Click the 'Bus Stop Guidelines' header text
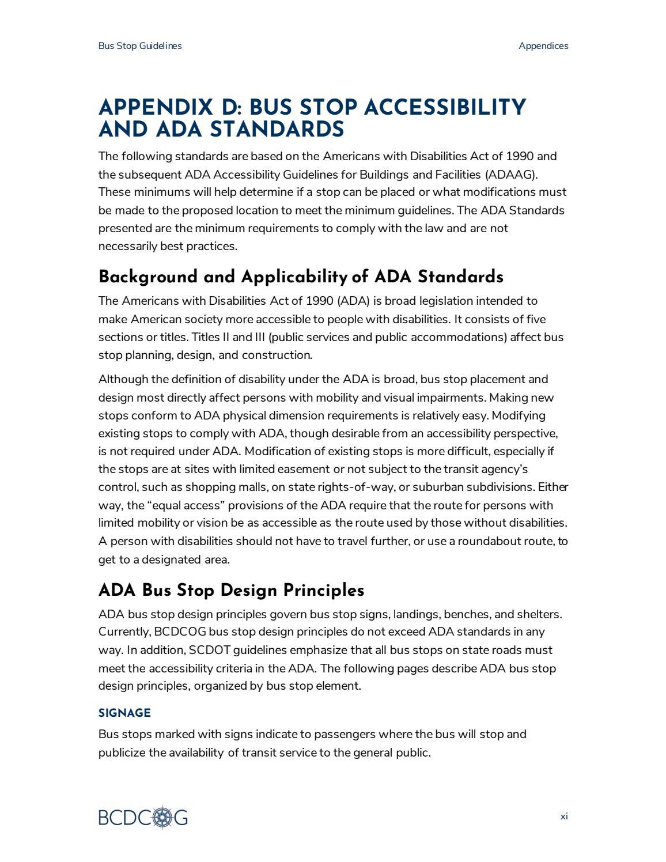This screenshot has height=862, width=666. coord(140,46)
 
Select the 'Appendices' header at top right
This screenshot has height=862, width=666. coord(543,46)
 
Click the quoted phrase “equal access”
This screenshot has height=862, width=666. coord(184,505)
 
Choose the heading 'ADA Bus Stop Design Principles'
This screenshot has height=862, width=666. coord(231,591)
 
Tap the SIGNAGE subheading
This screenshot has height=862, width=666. coord(124,713)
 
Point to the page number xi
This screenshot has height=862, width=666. coord(563,816)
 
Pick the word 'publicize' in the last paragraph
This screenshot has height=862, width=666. coord(122,753)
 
